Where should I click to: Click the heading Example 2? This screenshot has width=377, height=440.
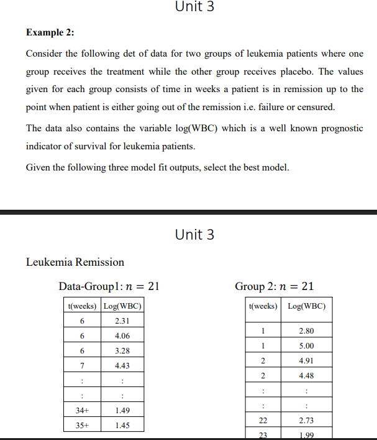[54, 32]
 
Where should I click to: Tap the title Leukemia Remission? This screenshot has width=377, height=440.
[75, 262]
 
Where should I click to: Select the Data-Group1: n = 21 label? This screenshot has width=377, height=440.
[109, 286]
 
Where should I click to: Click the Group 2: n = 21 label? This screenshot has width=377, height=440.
[274, 286]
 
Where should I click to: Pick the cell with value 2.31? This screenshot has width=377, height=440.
[122, 321]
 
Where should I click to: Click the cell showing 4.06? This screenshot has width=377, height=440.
[122, 335]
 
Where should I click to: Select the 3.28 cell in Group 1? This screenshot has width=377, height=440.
[122, 350]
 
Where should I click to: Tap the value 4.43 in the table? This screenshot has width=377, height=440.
[122, 365]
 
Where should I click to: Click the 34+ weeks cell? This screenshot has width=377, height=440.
[82, 410]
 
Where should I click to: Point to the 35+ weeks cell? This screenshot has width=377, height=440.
[82, 426]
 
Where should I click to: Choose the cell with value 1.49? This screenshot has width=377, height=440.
[122, 410]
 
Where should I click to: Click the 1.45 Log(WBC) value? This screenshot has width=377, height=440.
[122, 426]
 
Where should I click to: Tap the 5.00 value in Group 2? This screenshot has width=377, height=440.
[306, 345]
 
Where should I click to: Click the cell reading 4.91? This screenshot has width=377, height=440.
[306, 360]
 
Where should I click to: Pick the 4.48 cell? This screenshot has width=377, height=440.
[306, 375]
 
